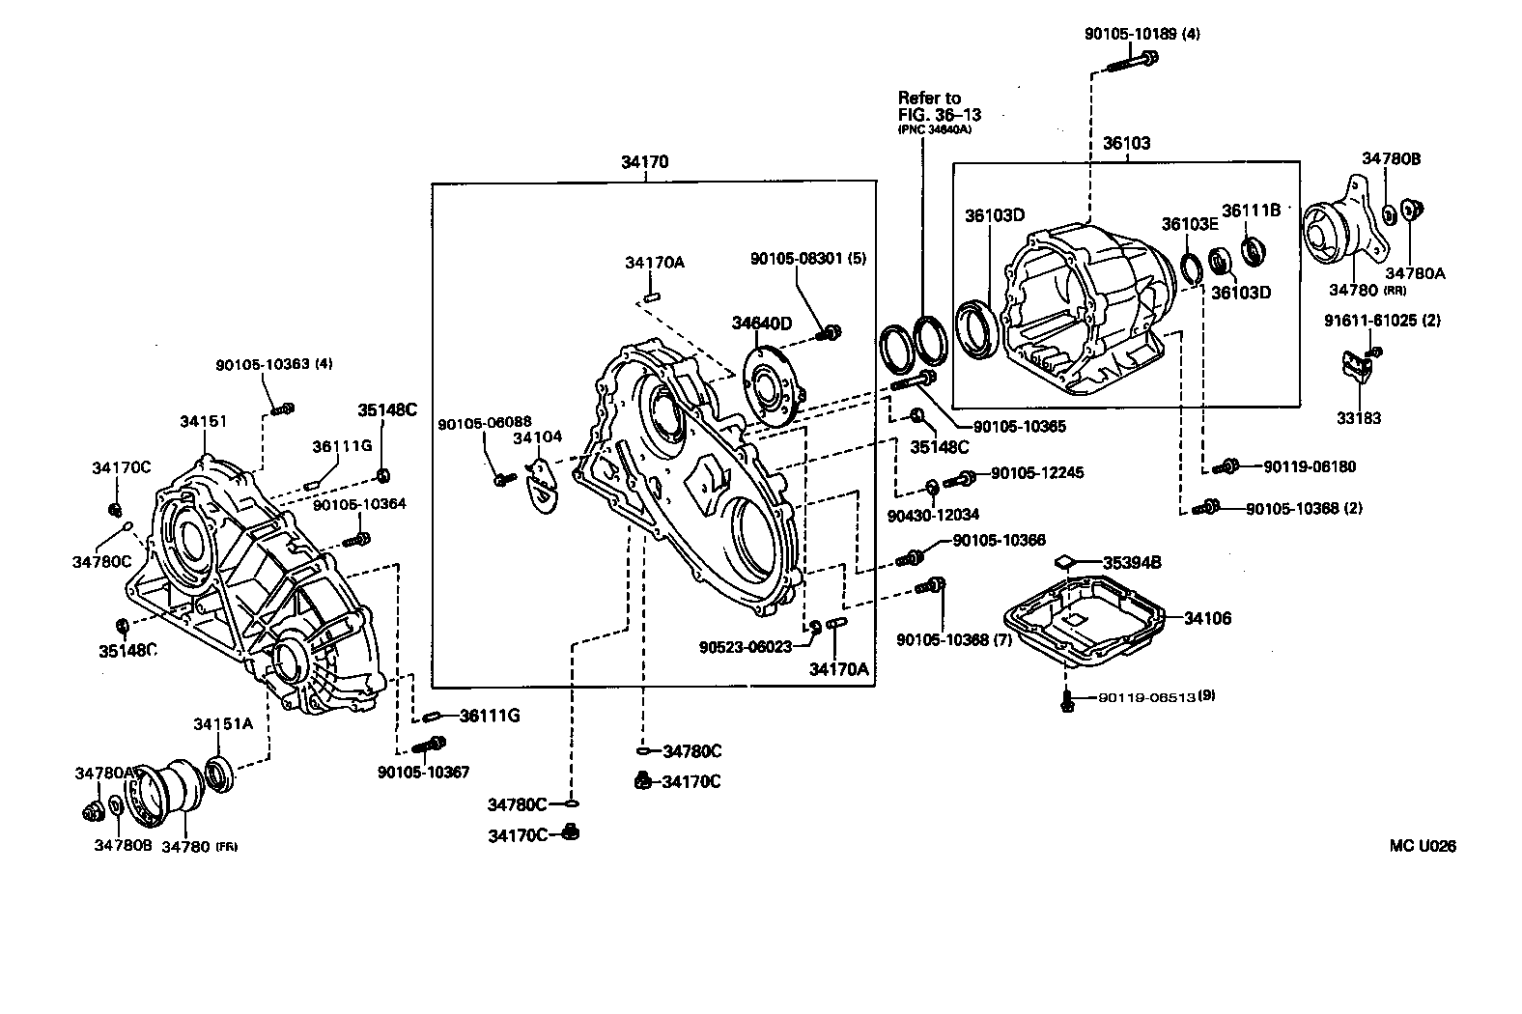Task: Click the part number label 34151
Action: pyautogui.click(x=203, y=421)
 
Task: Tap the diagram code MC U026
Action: pyautogui.click(x=1422, y=846)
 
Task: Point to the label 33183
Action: pyautogui.click(x=1359, y=418)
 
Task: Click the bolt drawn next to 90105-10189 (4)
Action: pyautogui.click(x=1128, y=63)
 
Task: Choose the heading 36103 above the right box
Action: pyautogui.click(x=1126, y=143)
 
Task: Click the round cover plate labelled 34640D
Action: pyautogui.click(x=772, y=387)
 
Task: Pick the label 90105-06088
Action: pyautogui.click(x=484, y=423)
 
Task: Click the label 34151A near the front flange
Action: pyautogui.click(x=223, y=724)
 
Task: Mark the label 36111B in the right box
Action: pyautogui.click(x=1251, y=210)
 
